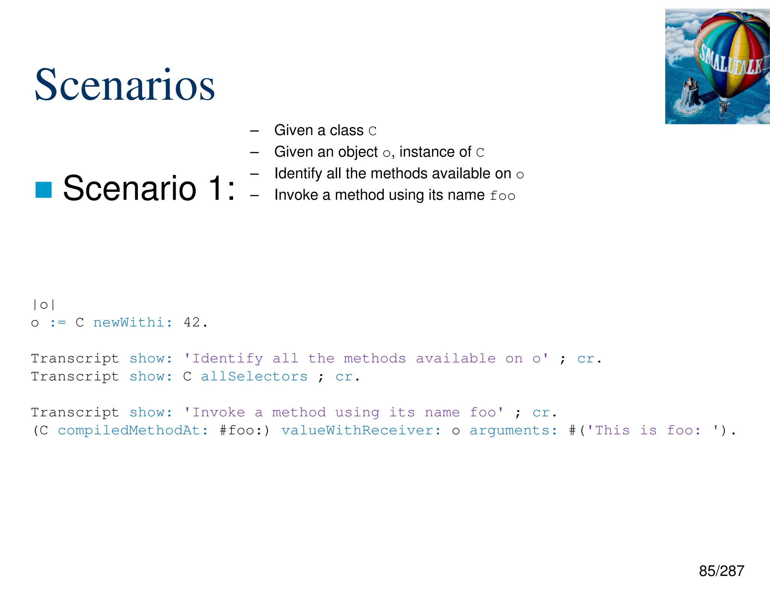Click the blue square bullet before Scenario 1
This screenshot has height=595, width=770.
[x=44, y=190]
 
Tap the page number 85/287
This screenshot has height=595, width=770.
[x=721, y=571]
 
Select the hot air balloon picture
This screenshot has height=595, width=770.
[x=717, y=67]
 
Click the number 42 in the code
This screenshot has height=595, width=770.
[x=192, y=322]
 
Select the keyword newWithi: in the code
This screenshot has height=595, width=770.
[x=133, y=322]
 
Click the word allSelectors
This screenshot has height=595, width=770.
[x=254, y=376]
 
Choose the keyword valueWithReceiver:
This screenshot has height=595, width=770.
[x=361, y=430]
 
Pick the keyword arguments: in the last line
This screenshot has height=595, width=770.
[x=513, y=430]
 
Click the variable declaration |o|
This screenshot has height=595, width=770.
[x=44, y=304]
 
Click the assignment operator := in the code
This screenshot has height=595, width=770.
[x=58, y=323]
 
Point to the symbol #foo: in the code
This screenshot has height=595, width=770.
[x=241, y=430]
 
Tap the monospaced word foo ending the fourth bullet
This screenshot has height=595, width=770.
[x=502, y=196]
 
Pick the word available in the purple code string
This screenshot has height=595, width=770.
[x=456, y=358]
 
